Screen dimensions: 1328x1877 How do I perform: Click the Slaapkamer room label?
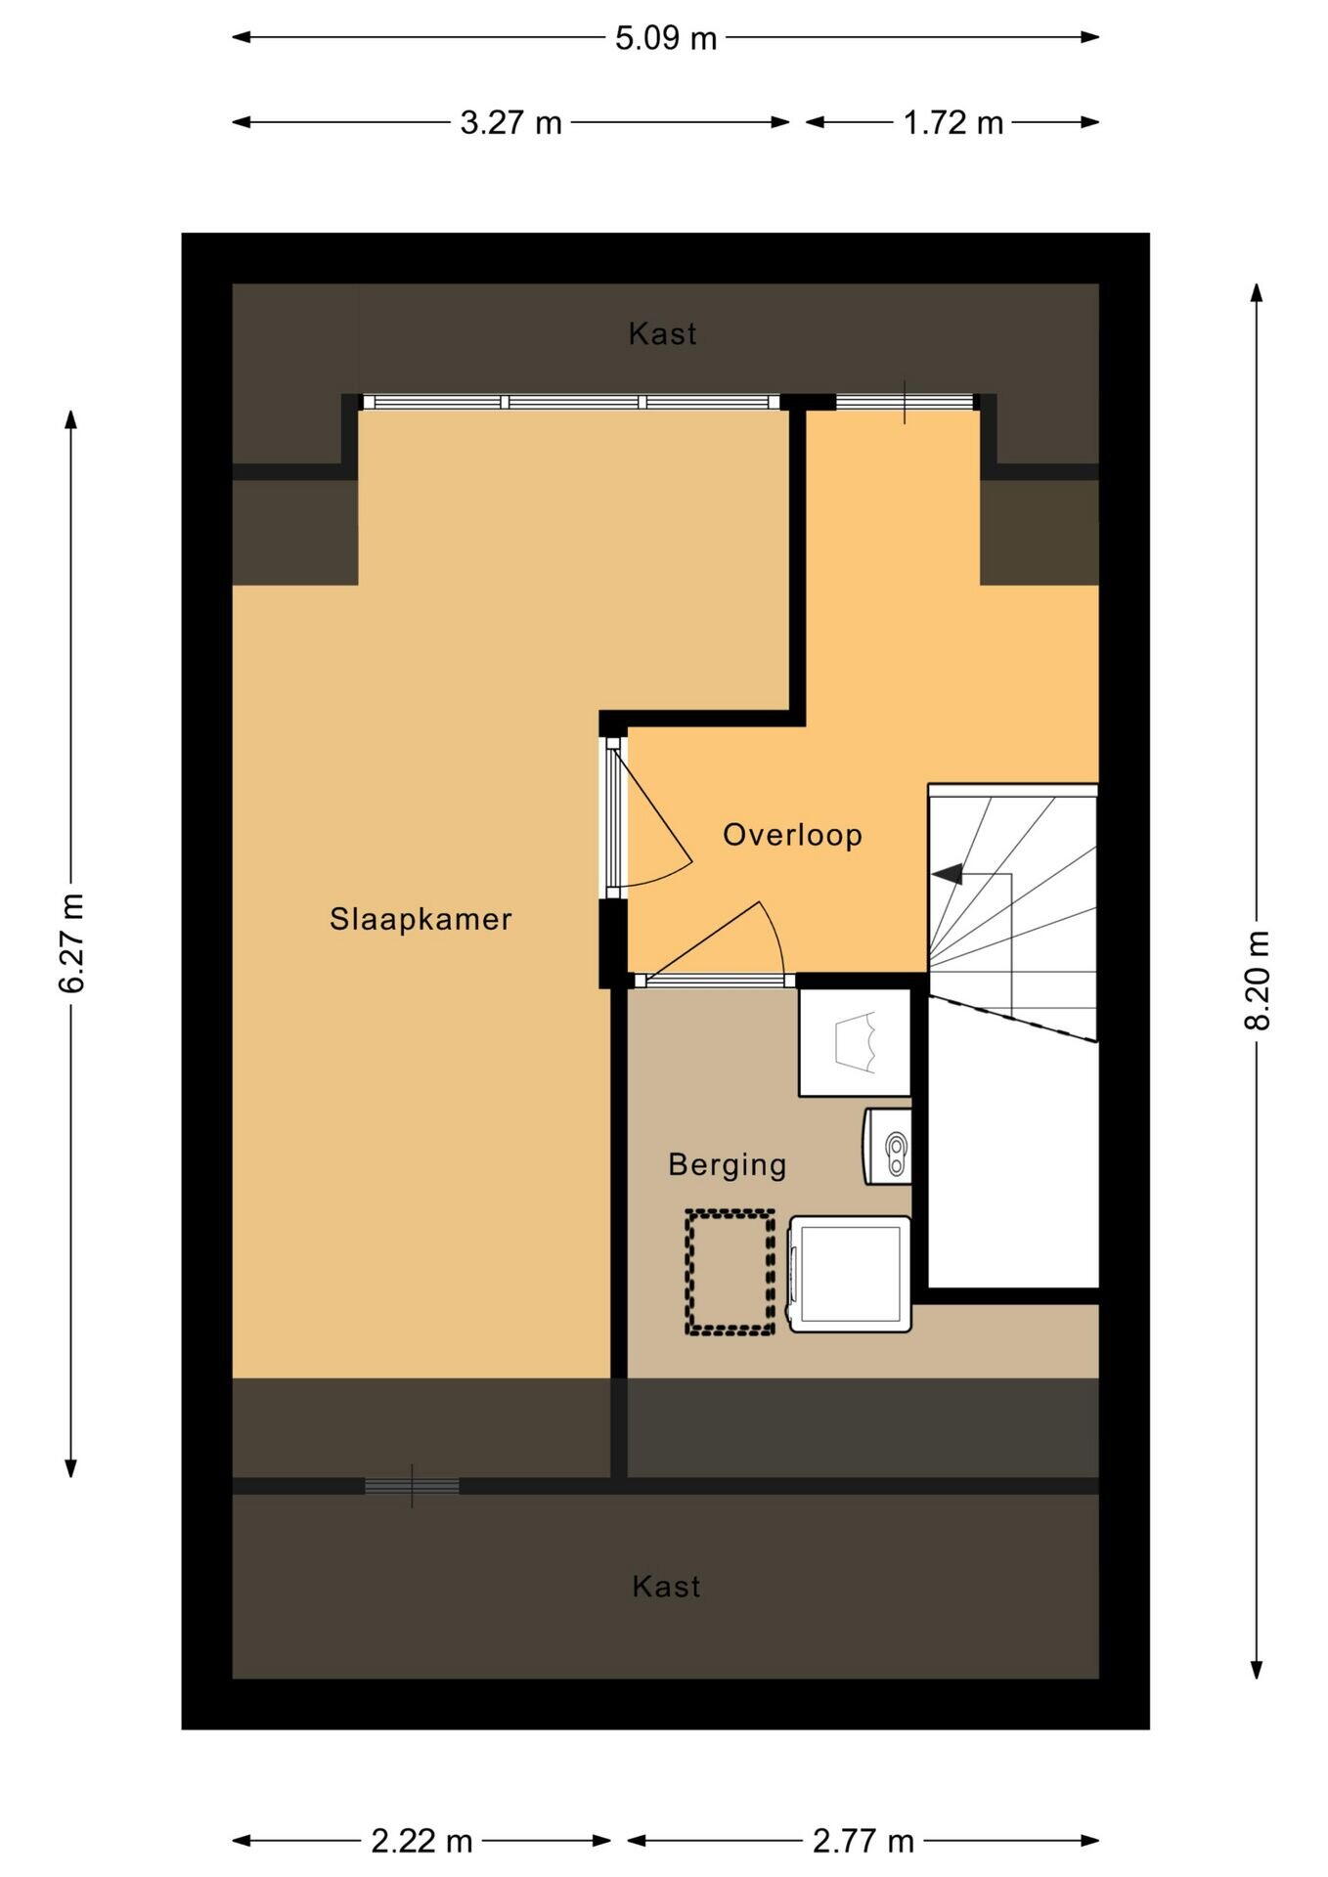421,919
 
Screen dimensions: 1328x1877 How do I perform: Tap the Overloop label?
792,835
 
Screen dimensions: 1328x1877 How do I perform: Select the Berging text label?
727,1164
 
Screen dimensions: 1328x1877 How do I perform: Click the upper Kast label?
663,334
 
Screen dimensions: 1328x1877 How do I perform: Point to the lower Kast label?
666,1586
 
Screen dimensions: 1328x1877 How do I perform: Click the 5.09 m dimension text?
666,38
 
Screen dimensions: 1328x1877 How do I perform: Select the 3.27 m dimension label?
511,122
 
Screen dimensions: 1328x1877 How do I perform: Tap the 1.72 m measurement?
952,122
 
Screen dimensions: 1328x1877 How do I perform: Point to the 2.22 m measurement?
421,1842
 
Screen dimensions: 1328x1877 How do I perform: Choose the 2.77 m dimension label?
863,1842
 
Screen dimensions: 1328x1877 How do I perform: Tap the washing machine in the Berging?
850,1274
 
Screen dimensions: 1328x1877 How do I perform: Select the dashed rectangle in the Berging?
730,1272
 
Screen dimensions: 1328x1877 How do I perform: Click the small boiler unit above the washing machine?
886,1146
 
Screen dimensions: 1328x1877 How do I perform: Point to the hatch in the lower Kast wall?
412,1486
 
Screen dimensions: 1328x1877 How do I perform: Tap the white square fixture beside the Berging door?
855,1042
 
